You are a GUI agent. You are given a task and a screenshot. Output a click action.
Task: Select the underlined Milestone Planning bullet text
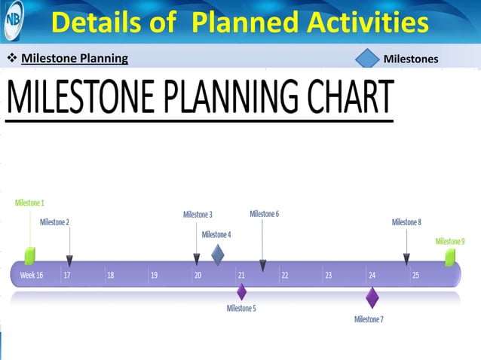[x=75, y=59]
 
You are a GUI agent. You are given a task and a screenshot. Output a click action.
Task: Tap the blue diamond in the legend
[x=368, y=58]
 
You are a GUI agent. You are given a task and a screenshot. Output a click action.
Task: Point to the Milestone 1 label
[x=29, y=203]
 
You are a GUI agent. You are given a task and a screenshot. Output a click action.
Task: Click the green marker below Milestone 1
[x=29, y=255]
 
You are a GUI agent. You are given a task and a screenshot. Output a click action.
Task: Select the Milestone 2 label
[x=54, y=222]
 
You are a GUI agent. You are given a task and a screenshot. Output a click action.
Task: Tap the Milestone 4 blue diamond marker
[x=217, y=255]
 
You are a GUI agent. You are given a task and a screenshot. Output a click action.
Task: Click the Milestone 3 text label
[x=198, y=215]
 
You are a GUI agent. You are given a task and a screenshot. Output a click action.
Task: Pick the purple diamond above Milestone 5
[x=242, y=291]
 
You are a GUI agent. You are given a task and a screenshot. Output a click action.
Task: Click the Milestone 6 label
[x=264, y=214]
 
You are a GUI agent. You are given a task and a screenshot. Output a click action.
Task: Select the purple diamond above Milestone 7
[x=372, y=297]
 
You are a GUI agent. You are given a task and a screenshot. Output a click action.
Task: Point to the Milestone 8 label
[x=406, y=222]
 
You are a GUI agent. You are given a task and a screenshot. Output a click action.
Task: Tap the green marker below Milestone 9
[x=450, y=258]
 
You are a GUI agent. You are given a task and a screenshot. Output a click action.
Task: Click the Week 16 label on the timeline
[x=31, y=276]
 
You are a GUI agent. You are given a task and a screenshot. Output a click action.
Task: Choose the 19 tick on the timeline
[x=154, y=276]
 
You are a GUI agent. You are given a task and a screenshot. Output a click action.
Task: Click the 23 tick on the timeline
[x=329, y=276]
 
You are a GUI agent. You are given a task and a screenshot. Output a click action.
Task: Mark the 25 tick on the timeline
[x=415, y=276]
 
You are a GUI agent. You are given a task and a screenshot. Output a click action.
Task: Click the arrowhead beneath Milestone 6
[x=262, y=265]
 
